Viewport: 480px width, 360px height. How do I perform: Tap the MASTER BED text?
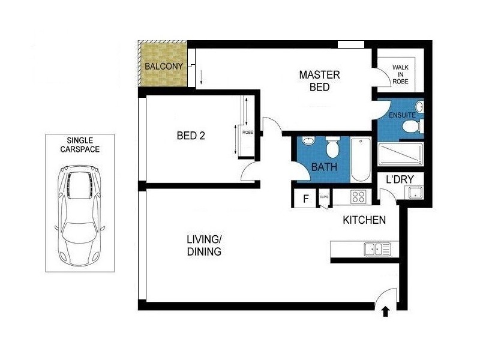[x=319, y=81]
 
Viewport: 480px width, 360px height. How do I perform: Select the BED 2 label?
[x=191, y=136]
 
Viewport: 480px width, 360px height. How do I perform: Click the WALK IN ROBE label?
[x=400, y=74]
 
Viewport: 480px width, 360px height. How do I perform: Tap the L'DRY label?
[x=396, y=179]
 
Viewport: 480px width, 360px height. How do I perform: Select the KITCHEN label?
[x=364, y=220]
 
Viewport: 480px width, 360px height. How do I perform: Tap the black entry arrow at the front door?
[x=385, y=311]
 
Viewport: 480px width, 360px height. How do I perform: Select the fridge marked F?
[x=305, y=199]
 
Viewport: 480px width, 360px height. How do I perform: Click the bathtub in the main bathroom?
[x=361, y=160]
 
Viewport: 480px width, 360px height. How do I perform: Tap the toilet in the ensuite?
[x=411, y=127]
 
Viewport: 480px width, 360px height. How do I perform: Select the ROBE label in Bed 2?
[x=247, y=132]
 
